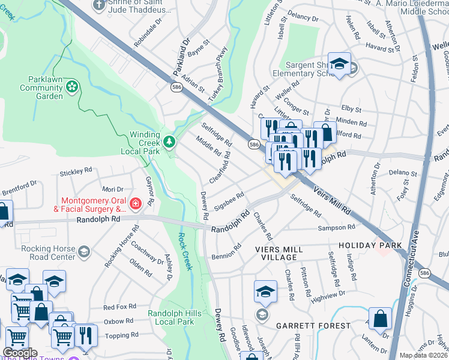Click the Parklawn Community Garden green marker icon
(x=73, y=88)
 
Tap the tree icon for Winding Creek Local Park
(x=170, y=142)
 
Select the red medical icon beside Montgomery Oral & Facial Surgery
(x=136, y=204)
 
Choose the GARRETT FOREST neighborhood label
(x=313, y=325)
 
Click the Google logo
(x=20, y=353)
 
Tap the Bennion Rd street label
(x=226, y=252)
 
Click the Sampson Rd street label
(x=336, y=228)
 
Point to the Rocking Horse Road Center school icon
(x=84, y=251)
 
